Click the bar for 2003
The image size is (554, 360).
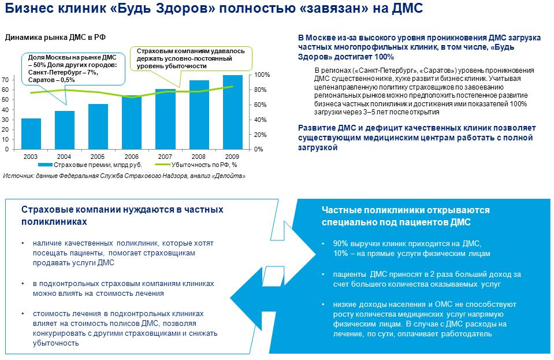click(x=31, y=134)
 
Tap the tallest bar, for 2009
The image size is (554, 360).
click(x=232, y=112)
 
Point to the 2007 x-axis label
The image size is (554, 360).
click(x=165, y=157)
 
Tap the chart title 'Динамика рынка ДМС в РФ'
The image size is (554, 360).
click(x=55, y=38)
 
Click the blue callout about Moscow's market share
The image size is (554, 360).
click(x=72, y=68)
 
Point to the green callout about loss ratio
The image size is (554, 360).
click(x=191, y=58)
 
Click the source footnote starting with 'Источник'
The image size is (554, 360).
click(x=120, y=176)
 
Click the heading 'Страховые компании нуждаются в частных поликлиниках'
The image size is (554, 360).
click(x=122, y=215)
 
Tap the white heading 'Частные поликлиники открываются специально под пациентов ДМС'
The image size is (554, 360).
click(x=406, y=215)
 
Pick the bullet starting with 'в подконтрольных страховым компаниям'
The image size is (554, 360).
click(x=124, y=288)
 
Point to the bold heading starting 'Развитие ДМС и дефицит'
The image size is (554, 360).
click(x=417, y=138)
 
